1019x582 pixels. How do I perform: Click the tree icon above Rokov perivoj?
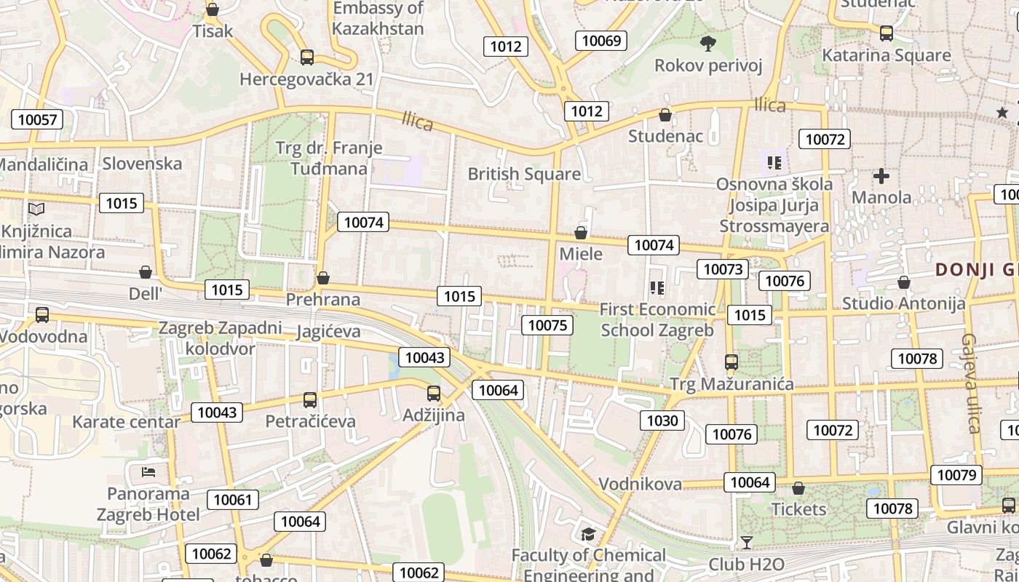(x=707, y=44)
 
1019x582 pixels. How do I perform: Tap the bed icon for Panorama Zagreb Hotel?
(x=148, y=471)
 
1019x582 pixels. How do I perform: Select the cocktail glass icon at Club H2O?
(x=746, y=542)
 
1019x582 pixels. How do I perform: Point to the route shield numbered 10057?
(x=37, y=119)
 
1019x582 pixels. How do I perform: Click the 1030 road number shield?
(x=662, y=420)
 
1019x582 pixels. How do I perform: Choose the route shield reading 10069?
(x=601, y=40)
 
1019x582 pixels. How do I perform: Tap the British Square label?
(x=524, y=174)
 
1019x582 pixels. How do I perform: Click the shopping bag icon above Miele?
(x=581, y=233)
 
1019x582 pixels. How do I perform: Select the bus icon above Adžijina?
(x=434, y=394)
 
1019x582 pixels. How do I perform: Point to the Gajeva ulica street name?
(x=972, y=383)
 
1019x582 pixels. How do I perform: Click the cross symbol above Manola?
(x=881, y=176)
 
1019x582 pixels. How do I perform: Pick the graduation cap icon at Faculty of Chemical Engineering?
(x=588, y=535)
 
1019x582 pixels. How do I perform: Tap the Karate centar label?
(x=126, y=422)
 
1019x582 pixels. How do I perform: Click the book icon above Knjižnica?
(x=36, y=210)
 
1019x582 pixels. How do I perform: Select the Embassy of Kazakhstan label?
(x=378, y=18)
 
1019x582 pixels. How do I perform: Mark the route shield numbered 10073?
(x=723, y=269)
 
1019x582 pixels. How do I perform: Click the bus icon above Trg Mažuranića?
(x=731, y=362)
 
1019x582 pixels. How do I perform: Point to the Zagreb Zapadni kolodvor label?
(x=221, y=338)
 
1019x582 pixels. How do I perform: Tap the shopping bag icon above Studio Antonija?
(x=904, y=282)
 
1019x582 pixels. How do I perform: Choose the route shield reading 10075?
(x=547, y=325)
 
